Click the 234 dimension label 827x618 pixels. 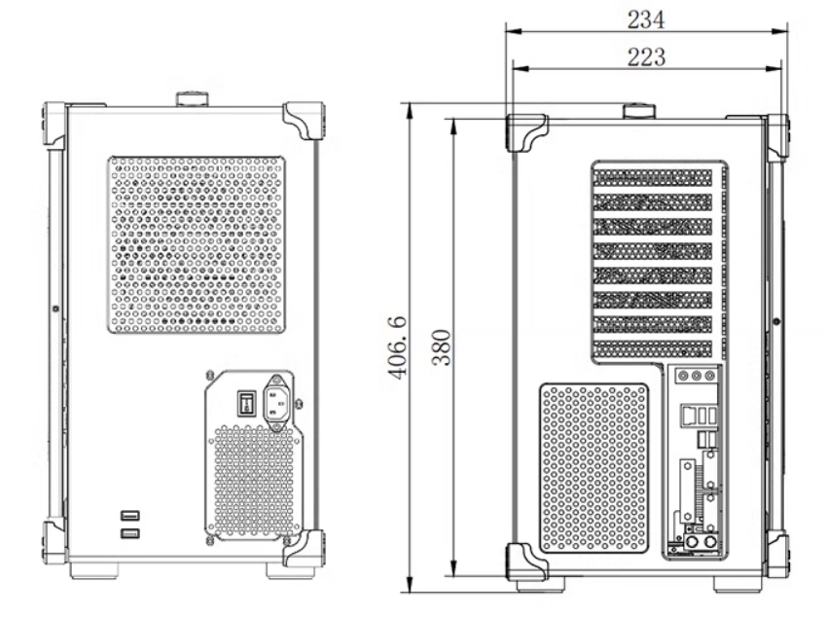pos(646,19)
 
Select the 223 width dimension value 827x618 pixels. pos(646,57)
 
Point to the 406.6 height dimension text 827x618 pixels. pos(398,347)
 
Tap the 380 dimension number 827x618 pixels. pos(441,347)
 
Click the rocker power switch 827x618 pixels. pos(246,404)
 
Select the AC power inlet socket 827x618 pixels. pos(277,403)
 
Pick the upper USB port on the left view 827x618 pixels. pos(129,515)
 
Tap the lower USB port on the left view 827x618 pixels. pos(129,533)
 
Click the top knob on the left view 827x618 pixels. pos(193,99)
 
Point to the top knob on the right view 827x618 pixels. pos(639,111)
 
